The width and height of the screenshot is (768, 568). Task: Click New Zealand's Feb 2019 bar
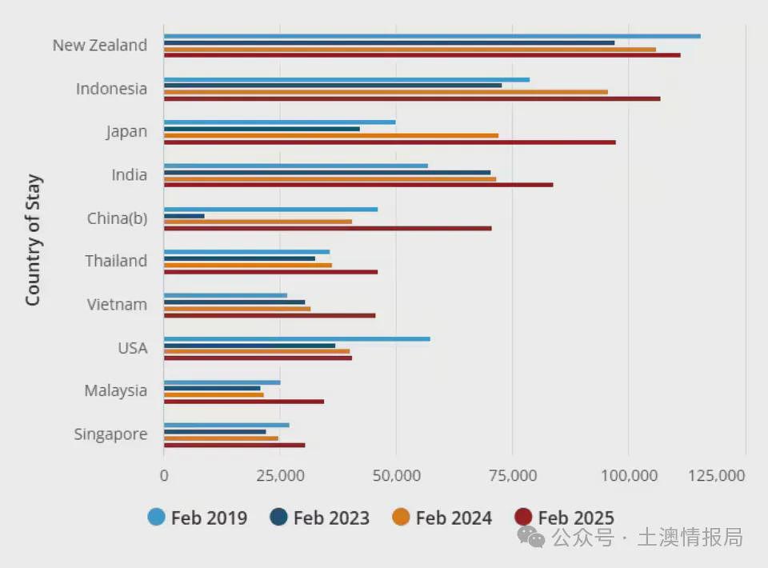432,36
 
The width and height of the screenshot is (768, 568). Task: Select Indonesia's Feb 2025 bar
412,99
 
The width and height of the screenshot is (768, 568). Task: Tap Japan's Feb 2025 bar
390,142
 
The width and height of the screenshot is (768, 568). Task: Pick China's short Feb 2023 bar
184,216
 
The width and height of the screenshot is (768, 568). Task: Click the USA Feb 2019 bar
297,339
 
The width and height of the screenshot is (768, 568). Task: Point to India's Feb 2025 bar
358,185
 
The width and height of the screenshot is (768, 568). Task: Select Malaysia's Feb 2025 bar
244,402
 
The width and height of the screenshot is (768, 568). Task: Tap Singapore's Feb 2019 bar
226,426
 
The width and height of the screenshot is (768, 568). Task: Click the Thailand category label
116,261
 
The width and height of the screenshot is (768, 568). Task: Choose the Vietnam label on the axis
117,305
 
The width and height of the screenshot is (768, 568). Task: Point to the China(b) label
117,218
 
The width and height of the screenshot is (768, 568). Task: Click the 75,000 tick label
513,475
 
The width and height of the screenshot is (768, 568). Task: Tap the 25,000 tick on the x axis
280,475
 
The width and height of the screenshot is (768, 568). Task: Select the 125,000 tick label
717,475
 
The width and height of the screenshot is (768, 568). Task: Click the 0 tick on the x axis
164,475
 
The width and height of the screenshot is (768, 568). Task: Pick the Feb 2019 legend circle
156,517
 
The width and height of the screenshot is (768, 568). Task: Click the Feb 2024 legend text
454,518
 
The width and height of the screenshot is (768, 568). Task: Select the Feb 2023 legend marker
278,517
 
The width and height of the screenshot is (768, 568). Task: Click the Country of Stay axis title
34,240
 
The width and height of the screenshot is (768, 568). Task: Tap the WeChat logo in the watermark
531,537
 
